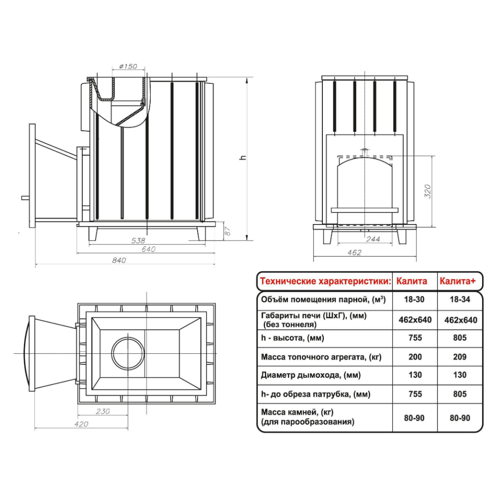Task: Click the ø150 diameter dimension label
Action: pos(128,66)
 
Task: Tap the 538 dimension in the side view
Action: pos(138,241)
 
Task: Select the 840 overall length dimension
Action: pos(119,260)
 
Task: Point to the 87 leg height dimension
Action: pos(228,231)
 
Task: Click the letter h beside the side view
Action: pos(243,157)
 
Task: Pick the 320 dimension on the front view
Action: pos(428,191)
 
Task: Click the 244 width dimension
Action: pos(373,240)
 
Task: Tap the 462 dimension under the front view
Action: pos(354,252)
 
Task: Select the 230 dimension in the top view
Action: pos(103,411)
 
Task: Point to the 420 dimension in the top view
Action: pos(81,424)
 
